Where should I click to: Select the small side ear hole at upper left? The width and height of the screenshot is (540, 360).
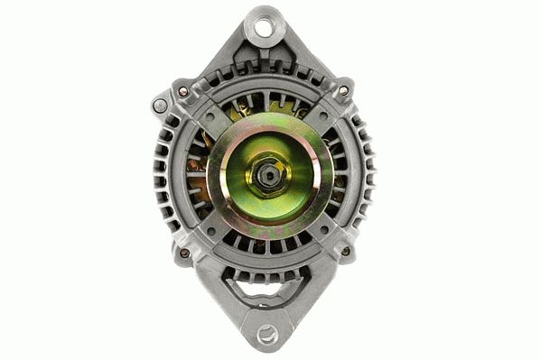click(161, 106)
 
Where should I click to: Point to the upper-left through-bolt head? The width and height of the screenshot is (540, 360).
click(184, 91)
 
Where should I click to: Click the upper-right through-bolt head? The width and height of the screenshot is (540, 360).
click(343, 90)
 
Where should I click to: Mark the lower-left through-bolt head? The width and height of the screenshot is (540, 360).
click(185, 253)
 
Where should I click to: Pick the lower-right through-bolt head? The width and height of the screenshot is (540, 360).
click(344, 252)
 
